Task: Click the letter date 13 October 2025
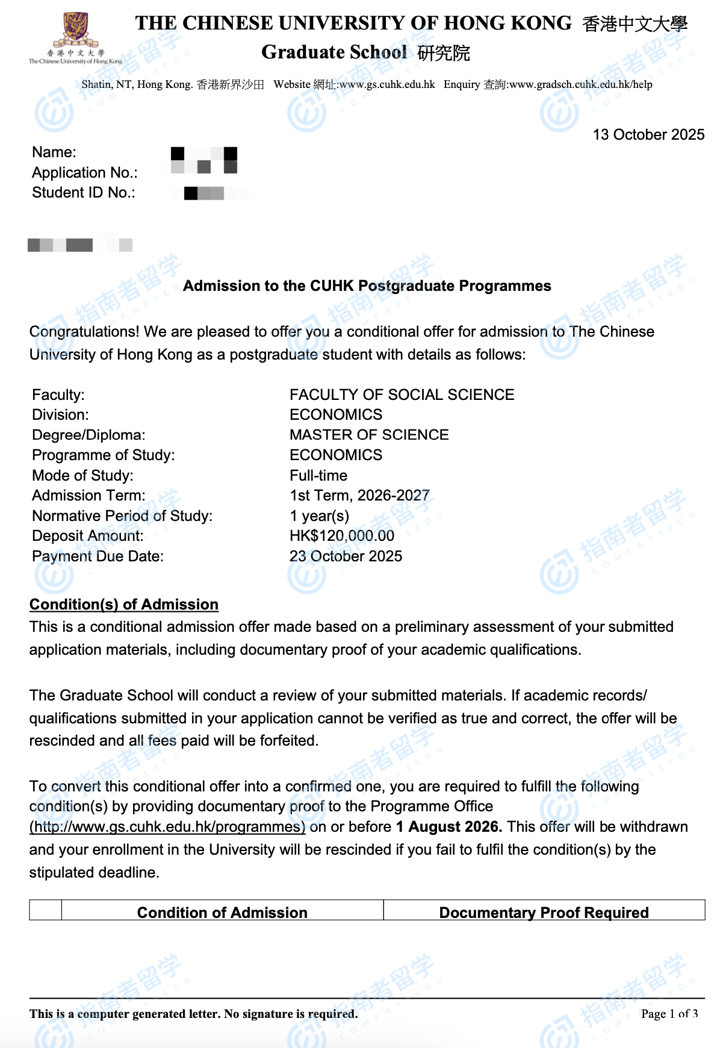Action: point(648,134)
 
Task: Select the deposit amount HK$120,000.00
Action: point(342,536)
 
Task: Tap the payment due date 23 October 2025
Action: point(346,556)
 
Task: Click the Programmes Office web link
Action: point(167,827)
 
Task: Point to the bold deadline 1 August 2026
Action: point(448,827)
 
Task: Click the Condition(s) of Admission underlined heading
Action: point(124,605)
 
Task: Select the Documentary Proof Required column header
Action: point(544,912)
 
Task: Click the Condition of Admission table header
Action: point(222,912)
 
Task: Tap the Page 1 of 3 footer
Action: point(669,1014)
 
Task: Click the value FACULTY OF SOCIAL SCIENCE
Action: point(402,395)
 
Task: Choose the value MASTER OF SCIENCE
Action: point(369,435)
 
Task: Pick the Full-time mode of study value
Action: point(318,475)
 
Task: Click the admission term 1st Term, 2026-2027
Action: point(359,495)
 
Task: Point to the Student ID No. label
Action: point(84,193)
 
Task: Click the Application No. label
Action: point(85,173)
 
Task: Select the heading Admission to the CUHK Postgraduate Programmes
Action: point(367,285)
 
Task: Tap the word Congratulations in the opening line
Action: point(84,332)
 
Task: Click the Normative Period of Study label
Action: point(122,516)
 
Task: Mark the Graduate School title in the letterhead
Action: point(334,52)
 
